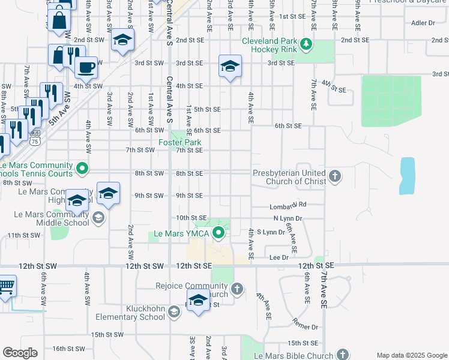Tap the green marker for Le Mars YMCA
[219, 233]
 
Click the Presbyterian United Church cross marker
[335, 176]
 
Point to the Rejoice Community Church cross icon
[237, 289]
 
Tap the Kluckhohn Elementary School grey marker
[173, 311]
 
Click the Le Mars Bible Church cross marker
[342, 355]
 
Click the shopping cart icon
[5, 287]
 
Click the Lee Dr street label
[279, 257]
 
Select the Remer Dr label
[306, 327]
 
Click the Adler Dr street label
[423, 23]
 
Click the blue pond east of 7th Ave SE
[407, 175]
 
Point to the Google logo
[20, 353]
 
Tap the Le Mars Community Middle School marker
[98, 217]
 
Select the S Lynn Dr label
[271, 232]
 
